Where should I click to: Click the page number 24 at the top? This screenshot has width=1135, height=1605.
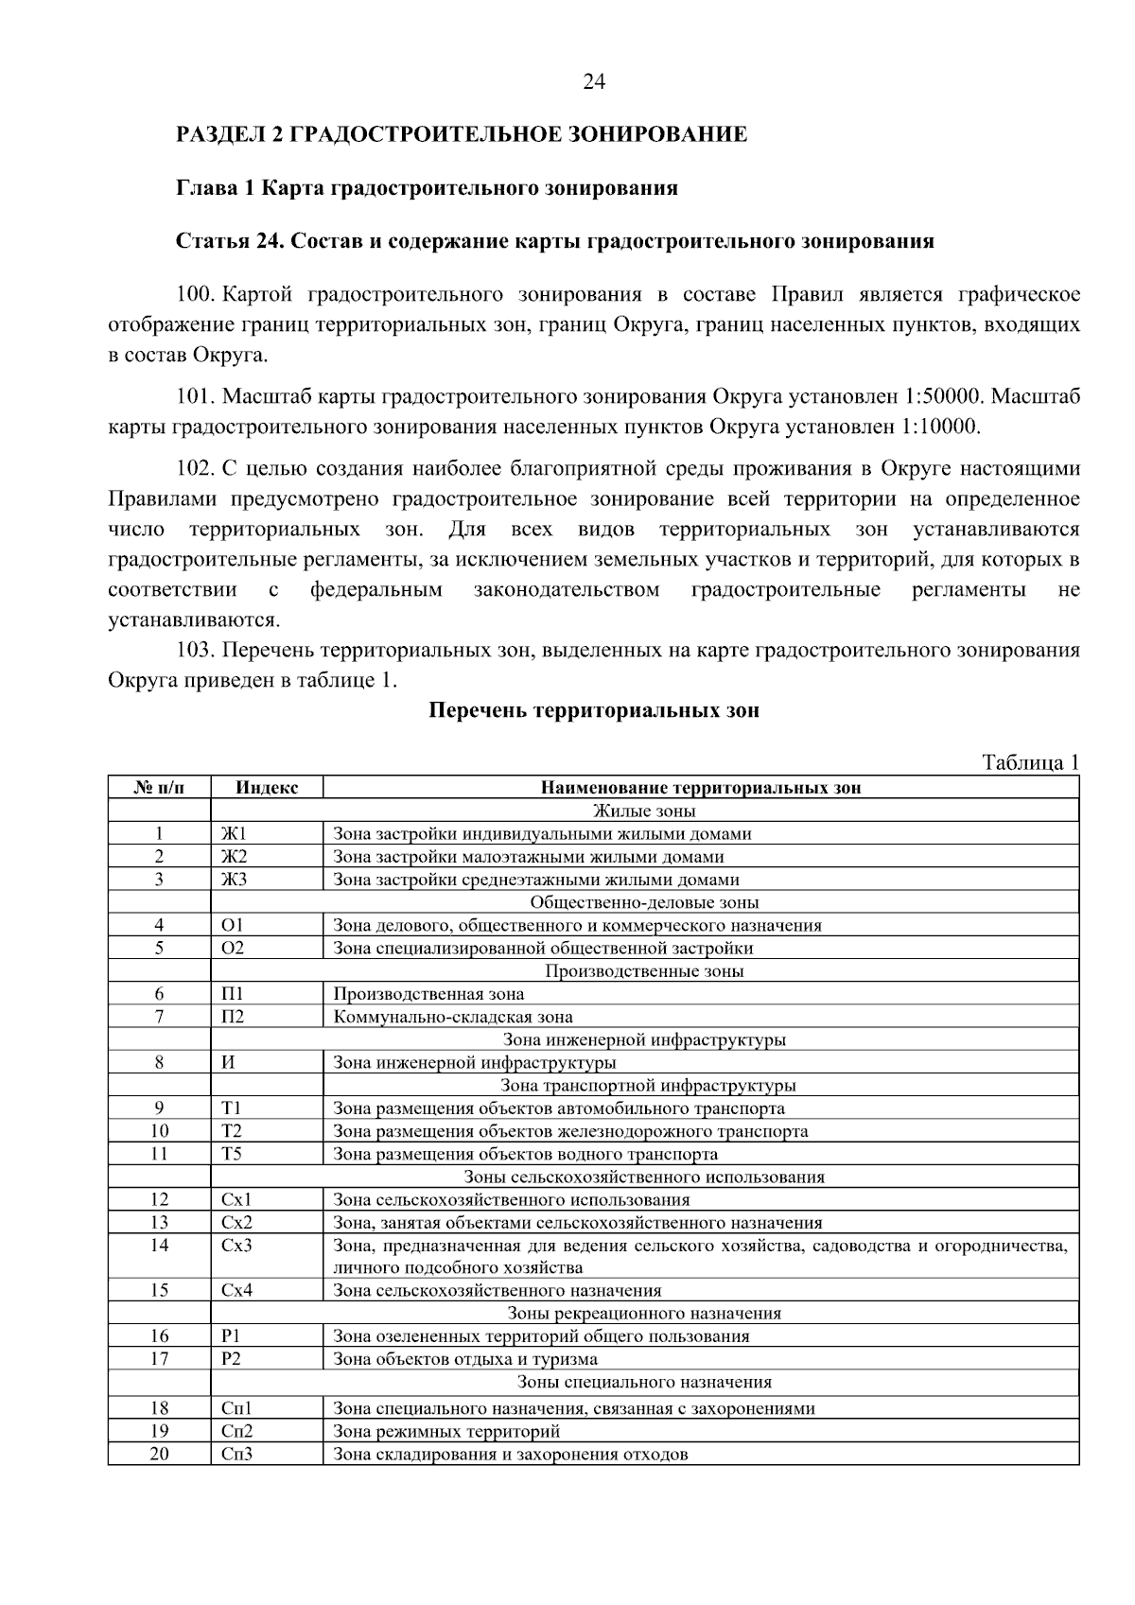point(593,82)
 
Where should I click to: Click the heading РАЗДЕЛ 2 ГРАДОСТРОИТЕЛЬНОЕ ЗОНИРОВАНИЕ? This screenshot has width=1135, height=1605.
point(462,134)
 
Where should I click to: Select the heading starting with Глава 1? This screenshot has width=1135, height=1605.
point(427,187)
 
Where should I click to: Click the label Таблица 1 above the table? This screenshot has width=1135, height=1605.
point(1030,763)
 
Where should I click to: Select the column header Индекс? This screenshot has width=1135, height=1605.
point(266,788)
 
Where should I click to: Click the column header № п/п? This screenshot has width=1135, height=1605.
point(159,788)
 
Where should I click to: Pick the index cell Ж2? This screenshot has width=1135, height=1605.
point(234,857)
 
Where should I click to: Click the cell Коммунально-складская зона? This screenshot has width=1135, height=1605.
point(453,1018)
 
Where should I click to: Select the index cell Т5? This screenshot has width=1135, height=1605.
point(232,1154)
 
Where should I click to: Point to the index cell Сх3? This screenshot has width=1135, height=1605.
point(236,1246)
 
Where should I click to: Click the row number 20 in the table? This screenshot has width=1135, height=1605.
point(159,1455)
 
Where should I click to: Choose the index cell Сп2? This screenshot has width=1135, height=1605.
point(236,1432)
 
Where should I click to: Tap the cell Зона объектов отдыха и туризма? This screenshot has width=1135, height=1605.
point(465,1360)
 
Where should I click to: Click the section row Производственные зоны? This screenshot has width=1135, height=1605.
point(644,971)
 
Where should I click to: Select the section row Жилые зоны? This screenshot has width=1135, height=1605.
point(644,811)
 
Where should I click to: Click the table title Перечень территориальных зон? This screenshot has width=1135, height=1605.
point(594,710)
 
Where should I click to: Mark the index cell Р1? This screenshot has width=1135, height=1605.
point(232,1336)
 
